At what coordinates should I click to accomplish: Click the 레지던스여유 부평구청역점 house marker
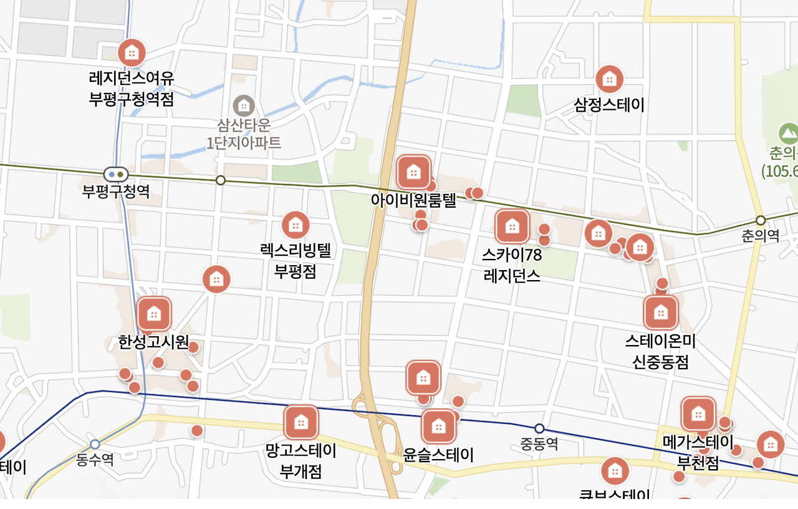click(132, 52)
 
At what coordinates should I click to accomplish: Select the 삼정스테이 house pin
click(609, 79)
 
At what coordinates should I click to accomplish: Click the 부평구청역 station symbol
click(116, 175)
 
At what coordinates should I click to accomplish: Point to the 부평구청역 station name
click(116, 191)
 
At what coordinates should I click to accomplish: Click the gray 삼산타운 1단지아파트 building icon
click(244, 105)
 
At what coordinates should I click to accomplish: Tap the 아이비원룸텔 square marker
click(414, 172)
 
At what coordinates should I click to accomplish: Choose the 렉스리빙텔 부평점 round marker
click(296, 225)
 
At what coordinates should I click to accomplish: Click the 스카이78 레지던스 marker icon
click(512, 226)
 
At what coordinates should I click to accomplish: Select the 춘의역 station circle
click(760, 220)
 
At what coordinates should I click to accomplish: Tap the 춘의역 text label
click(760, 236)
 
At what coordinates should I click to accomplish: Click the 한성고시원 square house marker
click(154, 313)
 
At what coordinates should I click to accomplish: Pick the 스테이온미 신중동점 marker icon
click(661, 312)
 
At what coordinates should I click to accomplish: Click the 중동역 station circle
click(539, 429)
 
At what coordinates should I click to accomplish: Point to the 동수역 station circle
click(95, 444)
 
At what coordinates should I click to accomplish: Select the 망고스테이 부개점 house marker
click(301, 422)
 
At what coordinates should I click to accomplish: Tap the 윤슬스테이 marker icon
click(438, 427)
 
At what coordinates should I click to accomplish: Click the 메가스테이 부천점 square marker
click(698, 414)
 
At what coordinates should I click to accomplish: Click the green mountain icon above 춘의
click(788, 133)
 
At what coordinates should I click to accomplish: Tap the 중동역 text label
click(539, 444)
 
